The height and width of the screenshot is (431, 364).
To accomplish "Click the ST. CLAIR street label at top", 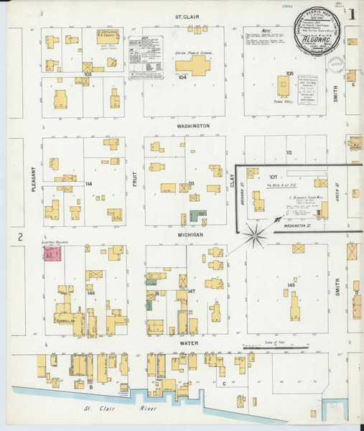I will point(189,15).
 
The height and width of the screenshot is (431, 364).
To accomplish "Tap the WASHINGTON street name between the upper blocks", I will point(189,125).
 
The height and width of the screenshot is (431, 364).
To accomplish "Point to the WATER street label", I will point(190,344).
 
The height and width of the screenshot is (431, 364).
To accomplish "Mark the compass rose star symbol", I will point(256,233).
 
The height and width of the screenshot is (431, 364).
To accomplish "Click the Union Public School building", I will point(197,68).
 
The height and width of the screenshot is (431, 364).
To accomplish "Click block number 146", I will point(90,294).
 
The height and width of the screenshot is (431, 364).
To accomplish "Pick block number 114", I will point(88,184).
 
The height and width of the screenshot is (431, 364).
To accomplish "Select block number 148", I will point(290,285).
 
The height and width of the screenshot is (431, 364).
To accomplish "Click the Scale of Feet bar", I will point(281,348).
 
